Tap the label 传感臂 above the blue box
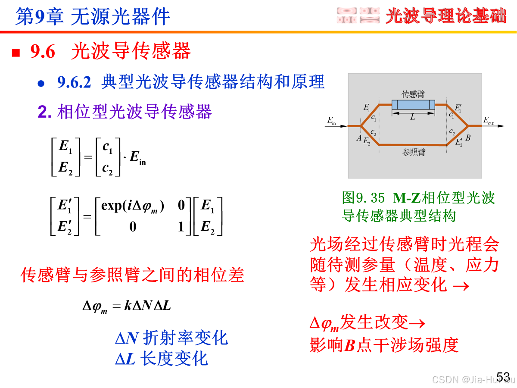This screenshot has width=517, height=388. click(x=413, y=94)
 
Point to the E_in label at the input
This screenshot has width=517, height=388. click(x=331, y=121)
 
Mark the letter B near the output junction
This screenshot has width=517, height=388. click(x=468, y=138)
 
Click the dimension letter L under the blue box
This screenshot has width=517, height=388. click(x=413, y=117)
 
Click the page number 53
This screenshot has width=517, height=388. click(x=503, y=376)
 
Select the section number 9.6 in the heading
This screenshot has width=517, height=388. click(x=43, y=52)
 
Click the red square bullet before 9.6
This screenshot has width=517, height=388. click(x=16, y=53)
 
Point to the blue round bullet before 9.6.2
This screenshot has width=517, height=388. click(x=41, y=83)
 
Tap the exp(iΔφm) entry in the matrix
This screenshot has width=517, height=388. click(x=133, y=206)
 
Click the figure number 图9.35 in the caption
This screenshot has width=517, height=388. click(x=363, y=198)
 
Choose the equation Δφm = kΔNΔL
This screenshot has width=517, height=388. click(x=127, y=307)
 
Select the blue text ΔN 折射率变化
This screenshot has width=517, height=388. click(x=171, y=338)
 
